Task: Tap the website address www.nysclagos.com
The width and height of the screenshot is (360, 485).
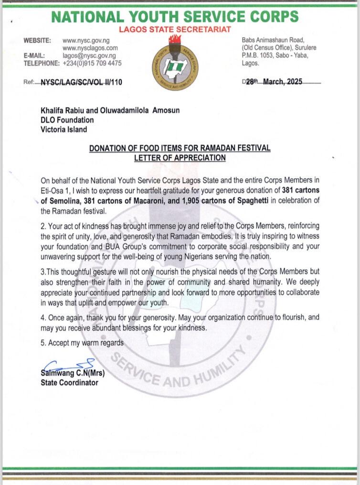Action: (x=90, y=49)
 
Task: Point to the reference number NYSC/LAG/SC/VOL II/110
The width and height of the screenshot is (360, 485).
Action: (x=81, y=82)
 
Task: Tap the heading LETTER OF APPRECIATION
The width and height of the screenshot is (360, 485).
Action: (x=180, y=157)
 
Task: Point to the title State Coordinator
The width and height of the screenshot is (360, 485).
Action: (x=69, y=382)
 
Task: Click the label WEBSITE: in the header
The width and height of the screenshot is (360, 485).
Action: (x=38, y=41)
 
